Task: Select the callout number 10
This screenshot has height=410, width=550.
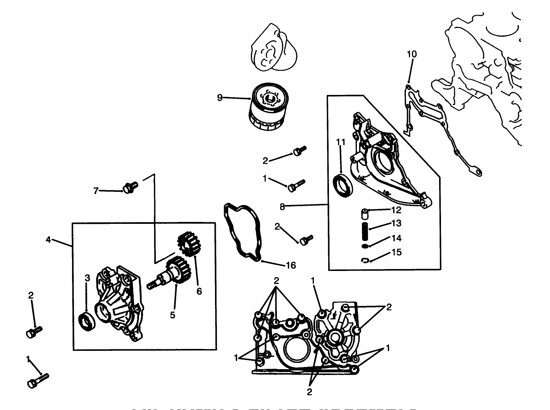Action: (412, 54)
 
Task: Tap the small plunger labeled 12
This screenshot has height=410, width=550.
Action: (364, 214)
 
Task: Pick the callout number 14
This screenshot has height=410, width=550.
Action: (396, 238)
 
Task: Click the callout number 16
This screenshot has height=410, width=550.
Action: (290, 266)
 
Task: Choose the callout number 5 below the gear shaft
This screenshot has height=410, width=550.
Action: (172, 315)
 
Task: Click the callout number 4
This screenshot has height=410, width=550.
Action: (48, 240)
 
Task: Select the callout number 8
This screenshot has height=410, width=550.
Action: (282, 206)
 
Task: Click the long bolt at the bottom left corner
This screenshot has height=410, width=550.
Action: (38, 380)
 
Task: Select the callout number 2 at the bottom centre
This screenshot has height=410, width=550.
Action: (309, 392)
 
